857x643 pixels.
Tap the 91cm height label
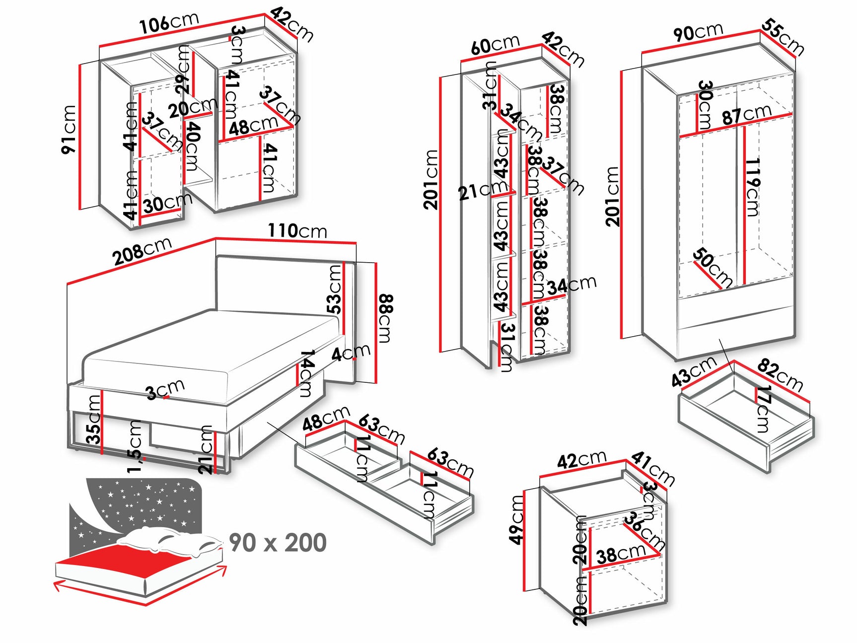69,129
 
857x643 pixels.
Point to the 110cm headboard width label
297,231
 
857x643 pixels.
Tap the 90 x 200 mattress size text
278,542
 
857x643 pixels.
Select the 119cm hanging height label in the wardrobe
753,187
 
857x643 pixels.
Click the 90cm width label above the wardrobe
698,32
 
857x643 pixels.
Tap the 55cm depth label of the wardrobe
783,37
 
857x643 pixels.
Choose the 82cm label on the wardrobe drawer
780,375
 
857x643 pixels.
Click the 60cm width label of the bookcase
495,45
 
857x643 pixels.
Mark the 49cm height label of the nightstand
517,519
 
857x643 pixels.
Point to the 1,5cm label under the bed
135,446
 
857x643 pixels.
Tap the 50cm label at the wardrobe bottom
712,267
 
